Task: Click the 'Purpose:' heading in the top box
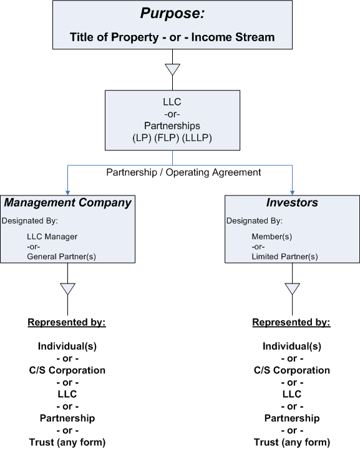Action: coord(172,14)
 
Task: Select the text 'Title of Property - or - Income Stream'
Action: coord(172,37)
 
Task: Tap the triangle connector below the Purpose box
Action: coord(172,69)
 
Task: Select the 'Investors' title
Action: coord(292,202)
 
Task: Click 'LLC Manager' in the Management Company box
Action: coord(52,237)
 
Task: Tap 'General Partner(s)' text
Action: coord(61,256)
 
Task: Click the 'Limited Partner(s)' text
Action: coord(285,256)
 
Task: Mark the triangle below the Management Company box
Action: coord(67,289)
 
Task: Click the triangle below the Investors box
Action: coord(292,289)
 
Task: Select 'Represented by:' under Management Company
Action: coord(67,322)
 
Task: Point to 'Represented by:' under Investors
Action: coord(291,322)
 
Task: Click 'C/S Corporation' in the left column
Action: coord(67,370)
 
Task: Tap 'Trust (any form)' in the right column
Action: coord(291,442)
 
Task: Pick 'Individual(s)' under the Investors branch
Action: coord(291,347)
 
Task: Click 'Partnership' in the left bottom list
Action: coord(67,418)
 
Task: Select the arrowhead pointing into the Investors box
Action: coord(292,192)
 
